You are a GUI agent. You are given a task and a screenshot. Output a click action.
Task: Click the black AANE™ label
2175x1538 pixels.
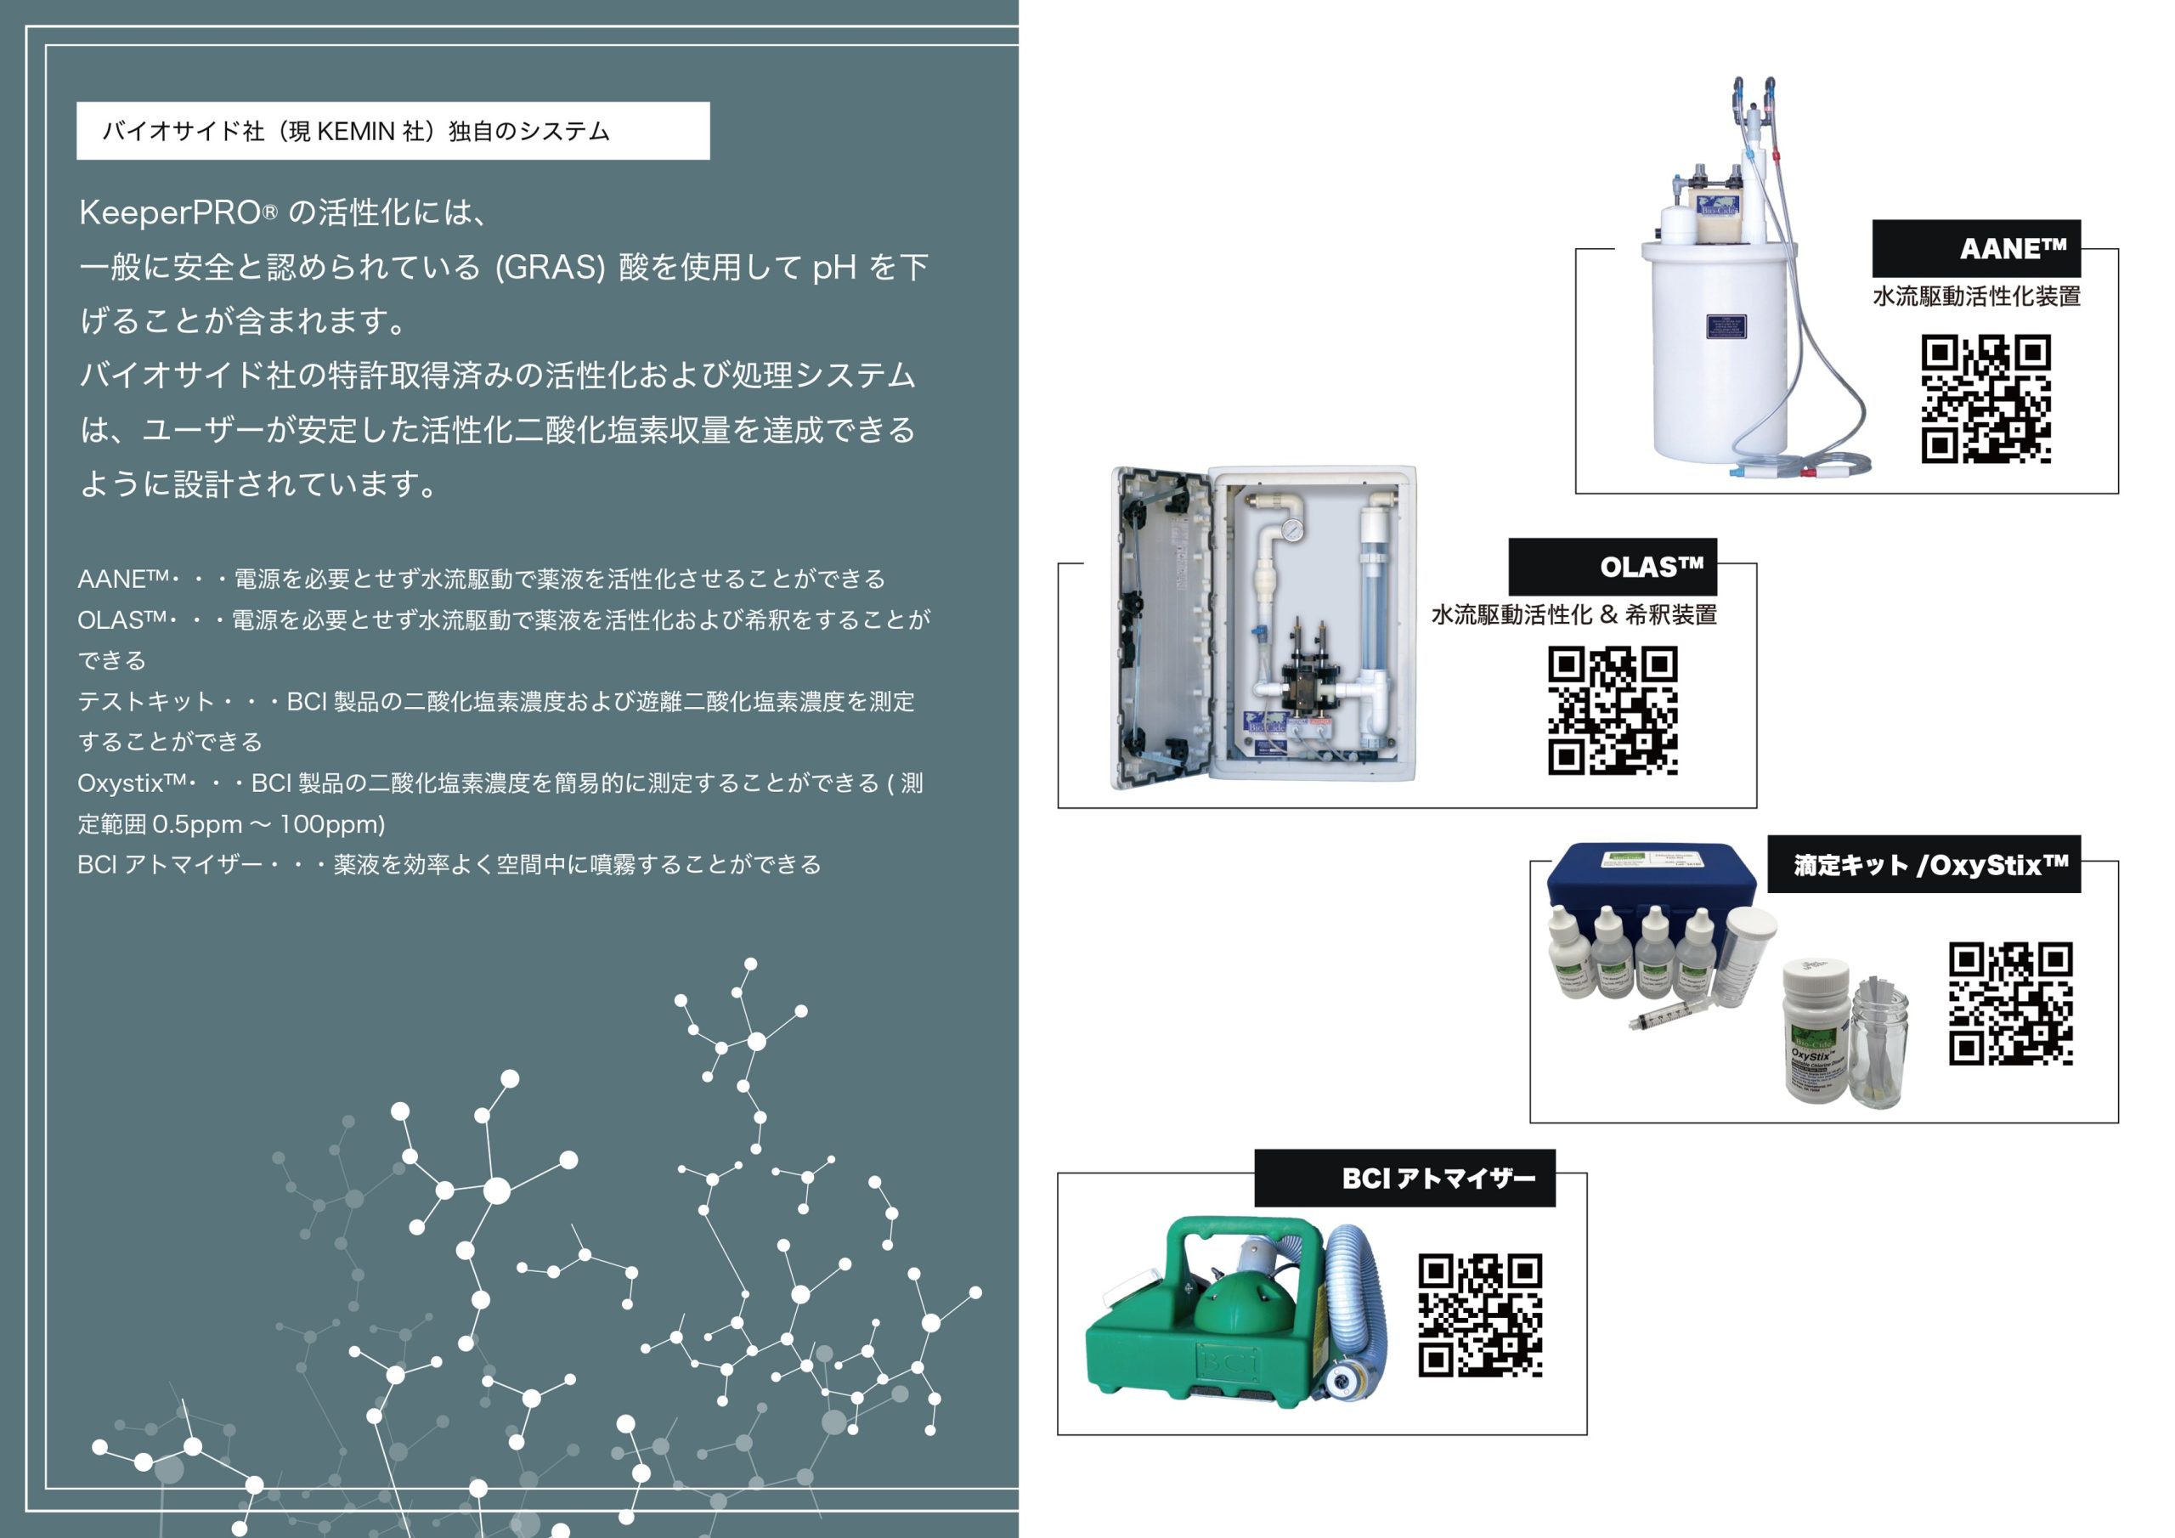coord(1976,248)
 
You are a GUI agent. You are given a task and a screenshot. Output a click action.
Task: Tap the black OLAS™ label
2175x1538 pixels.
coord(1613,567)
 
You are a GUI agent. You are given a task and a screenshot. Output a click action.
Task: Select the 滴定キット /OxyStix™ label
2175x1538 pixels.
coord(1924,864)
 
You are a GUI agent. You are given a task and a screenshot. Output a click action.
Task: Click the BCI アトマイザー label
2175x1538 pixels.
coord(1405,1178)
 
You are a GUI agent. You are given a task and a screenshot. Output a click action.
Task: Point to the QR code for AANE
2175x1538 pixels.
coord(1986,399)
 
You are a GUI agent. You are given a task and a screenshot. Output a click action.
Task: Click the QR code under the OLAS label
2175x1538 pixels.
coord(1613,710)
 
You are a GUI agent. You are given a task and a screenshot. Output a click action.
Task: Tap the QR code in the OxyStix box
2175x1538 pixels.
coord(2010,1004)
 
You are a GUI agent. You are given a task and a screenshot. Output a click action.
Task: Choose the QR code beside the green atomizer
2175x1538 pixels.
coord(1480,1315)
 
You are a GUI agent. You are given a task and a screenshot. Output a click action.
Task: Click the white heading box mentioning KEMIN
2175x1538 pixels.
coord(393,131)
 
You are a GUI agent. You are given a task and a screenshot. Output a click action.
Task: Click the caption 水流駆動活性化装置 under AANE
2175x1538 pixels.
coord(1976,297)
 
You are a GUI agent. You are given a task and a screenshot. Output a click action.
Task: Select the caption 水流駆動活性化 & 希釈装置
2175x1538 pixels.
coord(1573,615)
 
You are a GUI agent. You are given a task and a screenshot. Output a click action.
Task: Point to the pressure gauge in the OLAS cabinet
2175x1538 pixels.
coord(1291,529)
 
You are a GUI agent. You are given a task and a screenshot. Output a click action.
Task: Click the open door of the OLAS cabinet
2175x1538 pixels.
coord(1161,627)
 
